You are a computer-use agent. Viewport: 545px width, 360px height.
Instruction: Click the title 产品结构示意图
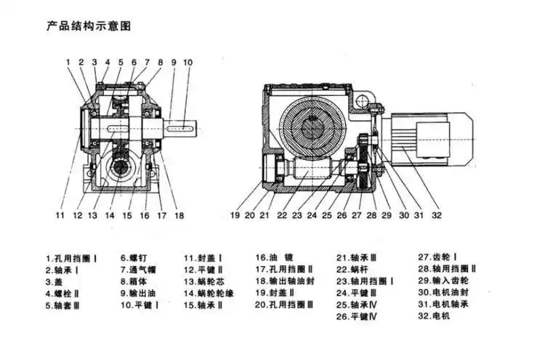[89, 26]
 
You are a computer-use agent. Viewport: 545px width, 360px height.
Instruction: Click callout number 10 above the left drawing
[187, 63]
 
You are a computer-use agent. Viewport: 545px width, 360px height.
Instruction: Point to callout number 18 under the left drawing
[179, 216]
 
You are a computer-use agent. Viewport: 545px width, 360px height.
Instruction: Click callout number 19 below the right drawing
[235, 216]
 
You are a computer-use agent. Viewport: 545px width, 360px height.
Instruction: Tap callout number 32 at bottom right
[436, 216]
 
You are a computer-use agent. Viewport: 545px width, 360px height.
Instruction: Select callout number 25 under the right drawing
[327, 216]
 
